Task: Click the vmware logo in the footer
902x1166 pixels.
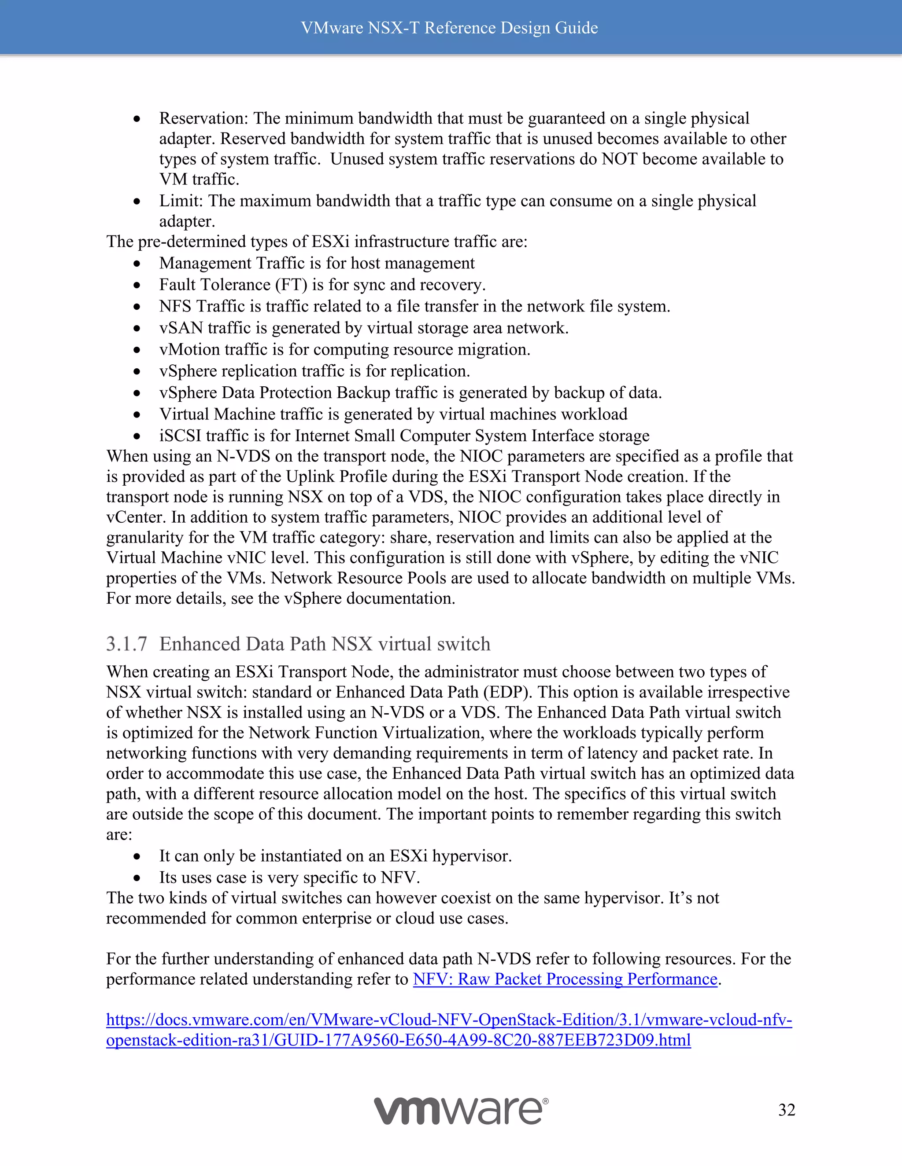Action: (x=461, y=1111)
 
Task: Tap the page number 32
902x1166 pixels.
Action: (x=787, y=1110)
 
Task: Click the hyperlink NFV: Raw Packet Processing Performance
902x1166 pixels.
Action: (x=565, y=979)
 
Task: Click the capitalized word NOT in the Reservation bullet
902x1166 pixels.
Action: (x=619, y=159)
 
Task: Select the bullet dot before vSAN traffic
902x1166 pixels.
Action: (x=137, y=329)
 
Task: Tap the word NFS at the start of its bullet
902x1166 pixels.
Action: (x=175, y=306)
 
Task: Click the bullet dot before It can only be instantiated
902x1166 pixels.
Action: (x=137, y=857)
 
